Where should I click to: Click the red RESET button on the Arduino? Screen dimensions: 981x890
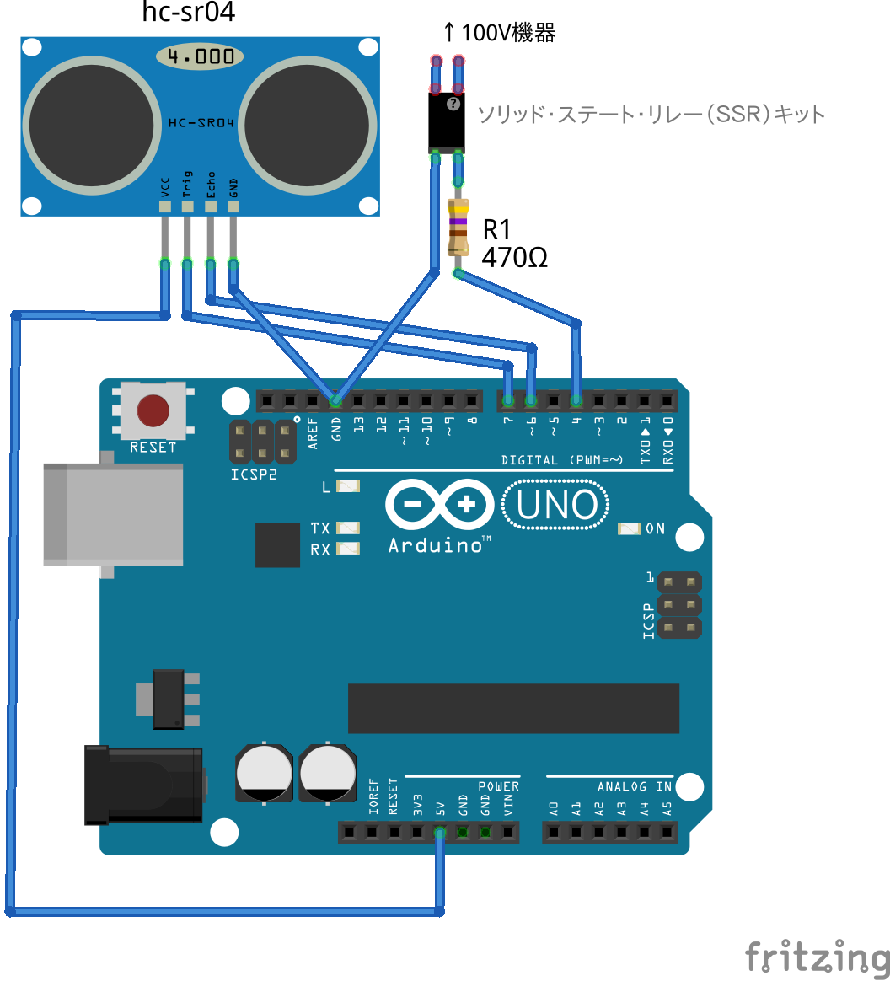click(153, 410)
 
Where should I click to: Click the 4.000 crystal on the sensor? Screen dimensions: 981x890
click(200, 57)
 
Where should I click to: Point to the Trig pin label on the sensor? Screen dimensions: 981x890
click(187, 184)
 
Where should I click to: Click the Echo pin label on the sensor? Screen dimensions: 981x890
click(210, 184)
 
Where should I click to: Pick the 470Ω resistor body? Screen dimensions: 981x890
click(458, 227)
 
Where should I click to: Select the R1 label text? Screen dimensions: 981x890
click(496, 229)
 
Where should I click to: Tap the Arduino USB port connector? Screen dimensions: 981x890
click(114, 513)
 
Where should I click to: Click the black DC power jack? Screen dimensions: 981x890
click(143, 784)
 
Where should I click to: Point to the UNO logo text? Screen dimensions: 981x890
click(556, 506)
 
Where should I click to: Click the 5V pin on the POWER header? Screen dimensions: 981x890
click(440, 833)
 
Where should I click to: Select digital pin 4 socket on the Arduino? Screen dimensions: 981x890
click(576, 399)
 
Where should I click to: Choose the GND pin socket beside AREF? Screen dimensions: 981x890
click(335, 399)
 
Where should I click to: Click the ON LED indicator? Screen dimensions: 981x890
click(630, 528)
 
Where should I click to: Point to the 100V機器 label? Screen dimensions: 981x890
click(499, 33)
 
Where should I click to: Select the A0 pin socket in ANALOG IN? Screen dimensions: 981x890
click(554, 833)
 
